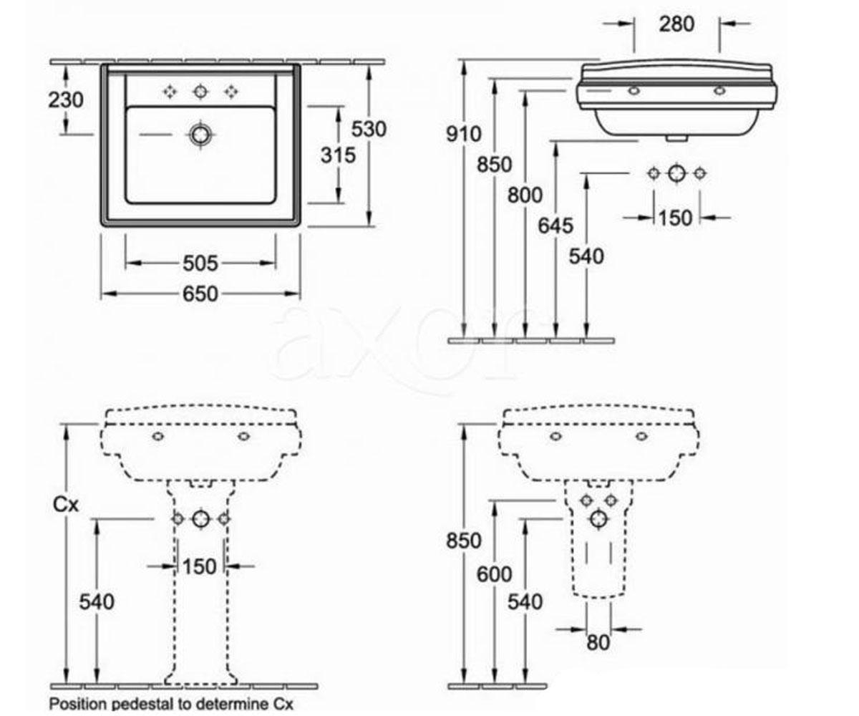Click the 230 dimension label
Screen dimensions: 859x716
[x=66, y=100]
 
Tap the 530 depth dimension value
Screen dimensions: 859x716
[x=369, y=129]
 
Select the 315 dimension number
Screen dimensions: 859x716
[x=338, y=155]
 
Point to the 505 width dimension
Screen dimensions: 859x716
[x=200, y=263]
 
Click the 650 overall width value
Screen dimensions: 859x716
[x=200, y=294]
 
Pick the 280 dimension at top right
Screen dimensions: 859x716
[x=676, y=24]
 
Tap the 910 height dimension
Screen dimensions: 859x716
[x=464, y=134]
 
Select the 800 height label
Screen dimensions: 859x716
[x=525, y=195]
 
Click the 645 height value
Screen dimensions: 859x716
[x=555, y=226]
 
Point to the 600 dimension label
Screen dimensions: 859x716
[x=494, y=574]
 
